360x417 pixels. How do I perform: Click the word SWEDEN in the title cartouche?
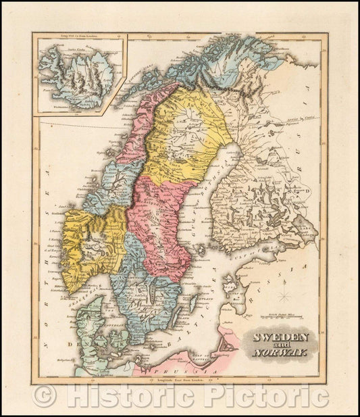pyautogui.click(x=281, y=337)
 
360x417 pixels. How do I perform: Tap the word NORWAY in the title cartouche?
pyautogui.click(x=281, y=353)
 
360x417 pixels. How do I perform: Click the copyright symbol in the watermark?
pyautogui.click(x=45, y=395)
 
